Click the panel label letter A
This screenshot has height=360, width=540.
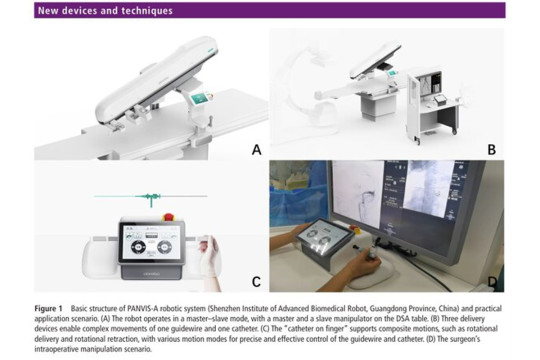(256, 150)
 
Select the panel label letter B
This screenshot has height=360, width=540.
(491, 150)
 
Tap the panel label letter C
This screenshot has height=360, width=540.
(256, 281)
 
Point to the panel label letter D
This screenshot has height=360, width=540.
(491, 281)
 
